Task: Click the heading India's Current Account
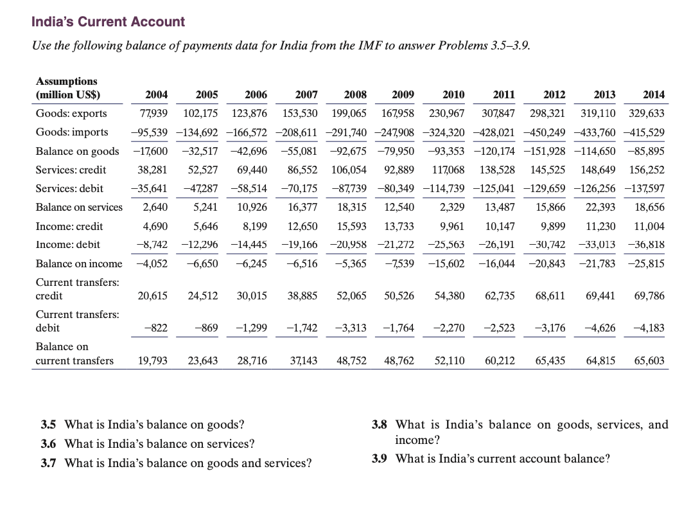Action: coord(108,22)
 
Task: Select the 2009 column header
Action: coord(403,95)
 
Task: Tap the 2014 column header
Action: coord(654,95)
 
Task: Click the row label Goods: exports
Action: coord(71,114)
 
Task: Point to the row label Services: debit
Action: coord(70,189)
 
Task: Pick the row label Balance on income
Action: coord(78,263)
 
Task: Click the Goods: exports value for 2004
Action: coord(153,114)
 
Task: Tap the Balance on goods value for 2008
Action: coord(349,152)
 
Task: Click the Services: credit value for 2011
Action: coord(497,170)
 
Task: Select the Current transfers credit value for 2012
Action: coord(550,296)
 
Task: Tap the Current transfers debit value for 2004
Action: coord(158,328)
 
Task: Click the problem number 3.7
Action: coord(49,463)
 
